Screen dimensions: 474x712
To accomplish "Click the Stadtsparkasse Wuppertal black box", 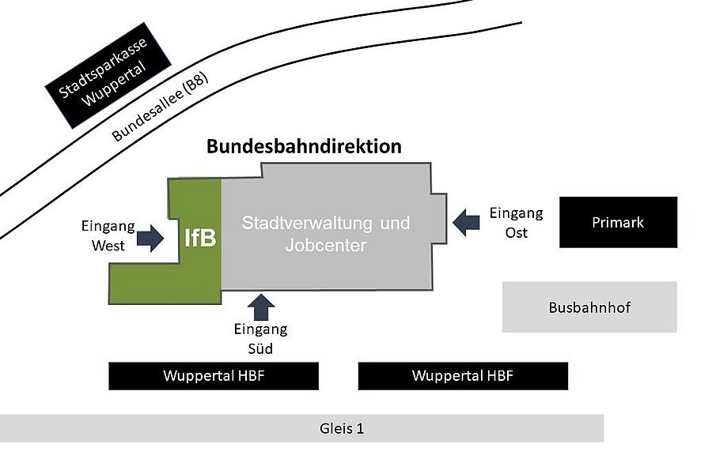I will point(109,77).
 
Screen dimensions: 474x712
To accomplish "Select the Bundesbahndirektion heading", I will point(304,146).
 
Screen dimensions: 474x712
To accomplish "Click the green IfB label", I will point(200,237).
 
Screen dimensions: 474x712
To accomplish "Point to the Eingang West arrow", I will point(150,237).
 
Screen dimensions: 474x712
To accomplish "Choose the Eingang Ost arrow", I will point(466,222).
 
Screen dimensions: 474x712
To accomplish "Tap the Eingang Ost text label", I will point(516,222).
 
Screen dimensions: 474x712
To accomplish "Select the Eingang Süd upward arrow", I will point(261,307).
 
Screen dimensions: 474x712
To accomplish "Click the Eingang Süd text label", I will point(261,338).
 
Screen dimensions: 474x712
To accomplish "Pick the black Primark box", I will point(618,222).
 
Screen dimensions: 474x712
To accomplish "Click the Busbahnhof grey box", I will point(589,307).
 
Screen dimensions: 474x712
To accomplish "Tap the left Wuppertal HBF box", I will point(214,376).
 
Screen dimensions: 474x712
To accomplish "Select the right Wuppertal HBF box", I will point(463,376).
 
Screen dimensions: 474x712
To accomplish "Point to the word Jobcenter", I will point(325,246).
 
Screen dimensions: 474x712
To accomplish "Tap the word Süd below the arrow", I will point(261,348).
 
